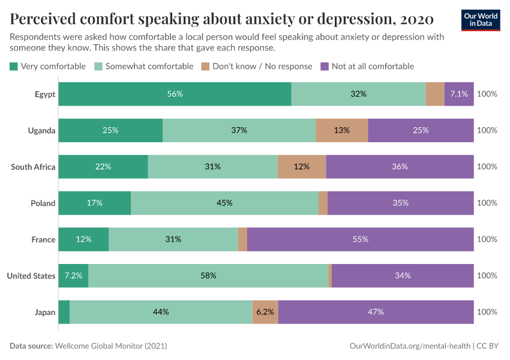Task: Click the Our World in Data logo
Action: [x=481, y=20]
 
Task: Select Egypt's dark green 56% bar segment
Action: [x=175, y=94]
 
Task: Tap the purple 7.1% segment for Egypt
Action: [x=459, y=94]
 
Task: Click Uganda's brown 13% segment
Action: [x=342, y=130]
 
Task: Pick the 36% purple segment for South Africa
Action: [x=400, y=167]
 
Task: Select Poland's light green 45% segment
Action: [x=224, y=203]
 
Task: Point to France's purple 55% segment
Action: [x=360, y=239]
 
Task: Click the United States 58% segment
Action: [x=208, y=275]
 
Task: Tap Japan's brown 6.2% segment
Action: [x=265, y=312]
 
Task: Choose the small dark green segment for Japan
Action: [x=64, y=312]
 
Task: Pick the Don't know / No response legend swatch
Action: [x=205, y=67]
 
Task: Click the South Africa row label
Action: [x=33, y=167]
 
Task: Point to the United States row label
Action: [x=31, y=275]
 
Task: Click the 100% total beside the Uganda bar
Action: [x=487, y=130]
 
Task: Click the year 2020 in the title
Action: [x=416, y=19]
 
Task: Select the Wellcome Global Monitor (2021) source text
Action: [x=110, y=346]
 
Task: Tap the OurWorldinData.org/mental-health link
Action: [x=409, y=346]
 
